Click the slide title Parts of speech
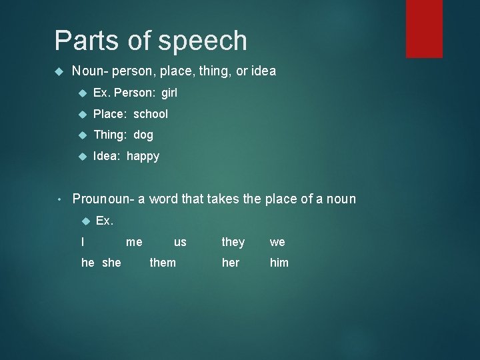tap(151, 41)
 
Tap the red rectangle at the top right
tap(424, 28)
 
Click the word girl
tap(169, 93)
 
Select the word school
tap(151, 114)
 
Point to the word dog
tap(143, 135)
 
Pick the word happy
tap(143, 157)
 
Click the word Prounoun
tap(101, 199)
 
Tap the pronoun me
tap(134, 242)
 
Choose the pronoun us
tap(180, 242)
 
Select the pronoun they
tap(233, 242)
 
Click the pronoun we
tap(277, 242)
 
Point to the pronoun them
tap(163, 263)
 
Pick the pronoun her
tap(231, 263)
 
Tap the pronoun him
tap(279, 263)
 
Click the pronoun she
tap(111, 263)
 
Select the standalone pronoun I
tap(83, 242)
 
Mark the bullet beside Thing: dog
tap(82, 135)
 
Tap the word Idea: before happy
tap(107, 157)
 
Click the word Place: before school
tap(111, 114)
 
